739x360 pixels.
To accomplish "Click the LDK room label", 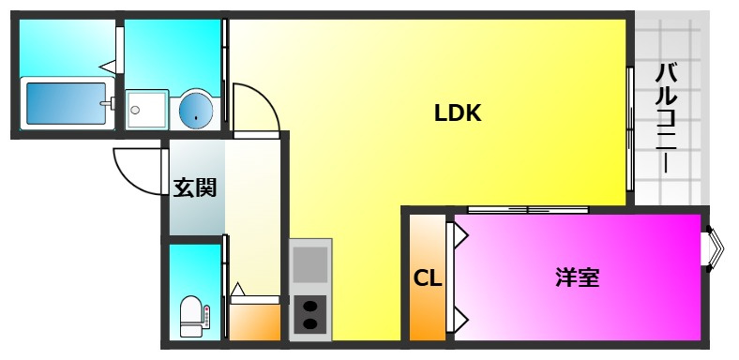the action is point(457,113).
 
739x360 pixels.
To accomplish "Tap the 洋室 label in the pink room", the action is point(578,277).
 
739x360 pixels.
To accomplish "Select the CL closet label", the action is point(428,278).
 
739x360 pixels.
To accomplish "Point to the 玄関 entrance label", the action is point(195,188).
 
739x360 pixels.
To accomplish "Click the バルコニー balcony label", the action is point(666,119).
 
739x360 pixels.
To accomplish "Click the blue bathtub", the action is point(67,103).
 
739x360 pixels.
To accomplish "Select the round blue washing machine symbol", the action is point(196,111).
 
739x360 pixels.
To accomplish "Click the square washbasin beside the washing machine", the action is point(147,110).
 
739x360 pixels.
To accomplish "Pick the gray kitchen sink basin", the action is point(310,264).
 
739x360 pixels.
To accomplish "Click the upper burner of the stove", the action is point(309,307).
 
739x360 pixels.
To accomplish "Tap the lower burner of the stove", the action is point(309,323).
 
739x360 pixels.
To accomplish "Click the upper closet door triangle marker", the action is point(460,234).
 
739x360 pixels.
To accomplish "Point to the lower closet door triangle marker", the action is point(460,321).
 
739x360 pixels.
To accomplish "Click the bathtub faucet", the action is point(108,103).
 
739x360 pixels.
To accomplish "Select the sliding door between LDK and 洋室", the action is point(528,210).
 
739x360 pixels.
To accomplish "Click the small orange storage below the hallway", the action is point(254,322).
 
